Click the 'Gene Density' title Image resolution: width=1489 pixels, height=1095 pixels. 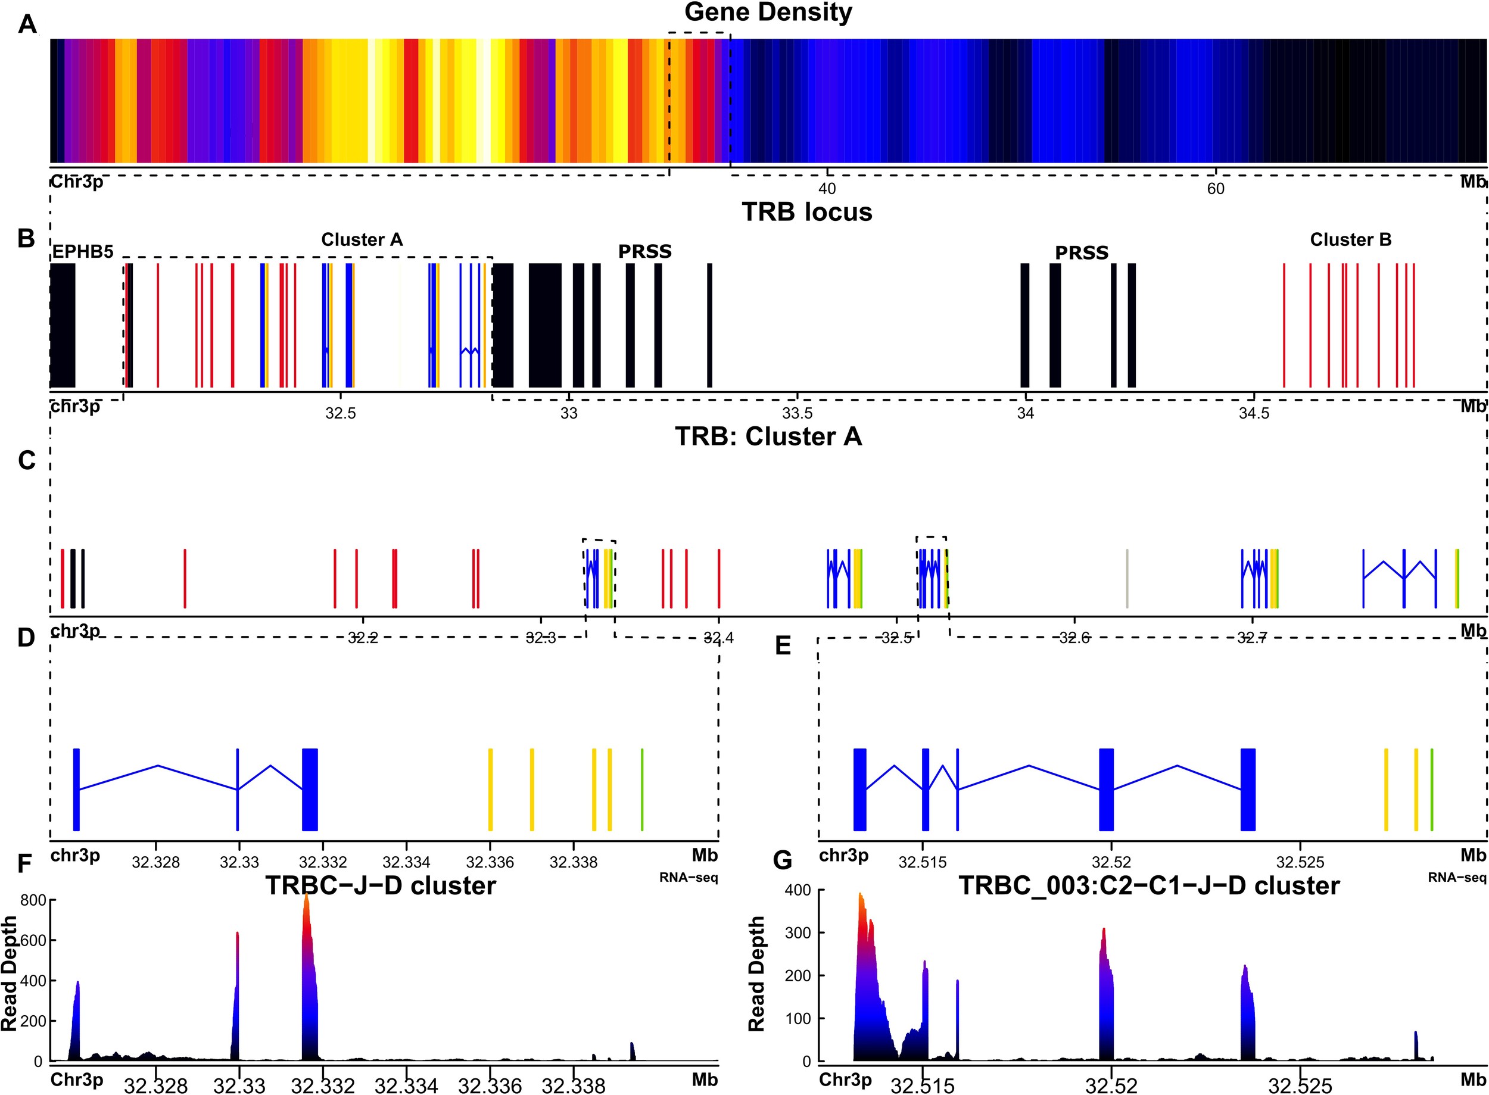768,13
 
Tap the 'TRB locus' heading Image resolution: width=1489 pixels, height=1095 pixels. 806,212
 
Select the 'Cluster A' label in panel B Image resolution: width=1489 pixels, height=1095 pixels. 362,239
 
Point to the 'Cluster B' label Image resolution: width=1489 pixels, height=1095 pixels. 1350,239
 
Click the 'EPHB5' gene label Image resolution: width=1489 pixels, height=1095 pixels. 83,252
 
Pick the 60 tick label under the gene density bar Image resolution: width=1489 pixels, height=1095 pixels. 1215,189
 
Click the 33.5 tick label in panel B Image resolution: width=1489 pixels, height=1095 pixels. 797,414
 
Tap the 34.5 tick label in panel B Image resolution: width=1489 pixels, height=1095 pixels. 1254,414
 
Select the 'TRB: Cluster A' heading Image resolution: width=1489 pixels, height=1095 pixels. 768,437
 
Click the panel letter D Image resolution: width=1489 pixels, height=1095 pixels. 26,638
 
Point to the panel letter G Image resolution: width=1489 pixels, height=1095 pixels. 782,860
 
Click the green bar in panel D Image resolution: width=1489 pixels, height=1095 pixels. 641,789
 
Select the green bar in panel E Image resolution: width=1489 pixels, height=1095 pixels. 1431,789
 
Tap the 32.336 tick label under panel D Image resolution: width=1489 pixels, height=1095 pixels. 490,862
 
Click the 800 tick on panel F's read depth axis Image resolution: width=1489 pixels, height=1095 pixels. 33,900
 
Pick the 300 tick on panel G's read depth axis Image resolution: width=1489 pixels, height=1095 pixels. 798,932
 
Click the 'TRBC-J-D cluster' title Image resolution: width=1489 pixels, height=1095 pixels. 381,885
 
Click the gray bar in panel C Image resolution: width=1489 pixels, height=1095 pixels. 1127,578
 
